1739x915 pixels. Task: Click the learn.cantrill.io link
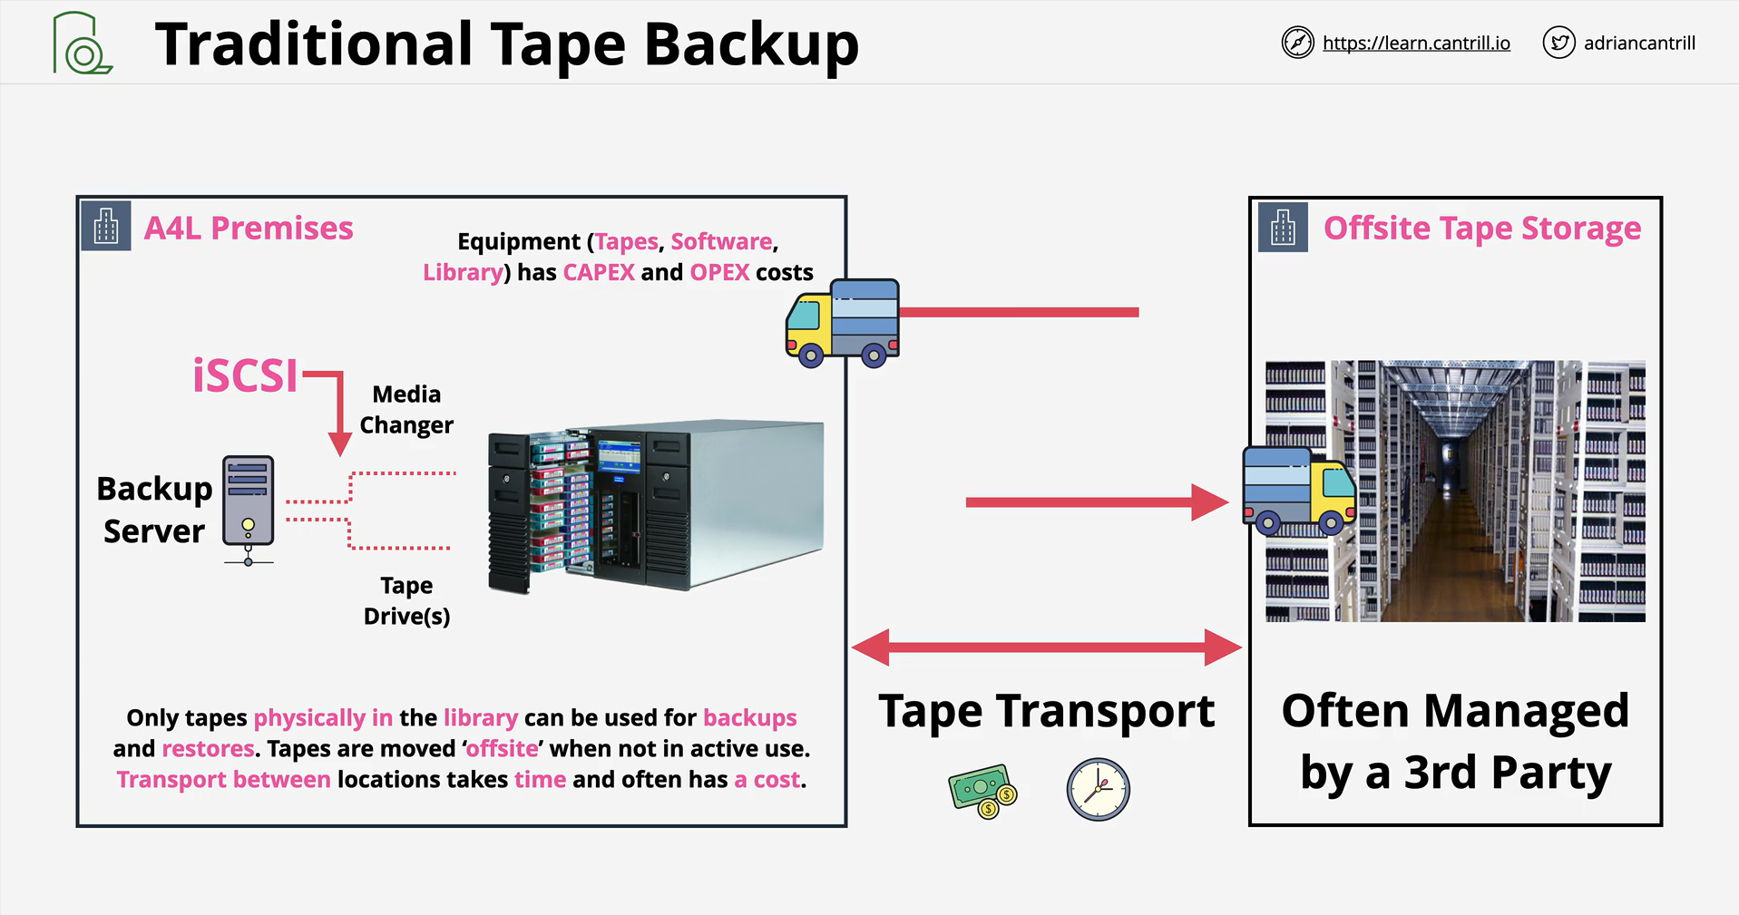click(x=1416, y=43)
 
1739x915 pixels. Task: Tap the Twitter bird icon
click(x=1558, y=43)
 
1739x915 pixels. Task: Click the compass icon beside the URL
click(x=1297, y=43)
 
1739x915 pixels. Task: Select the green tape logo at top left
click(x=82, y=43)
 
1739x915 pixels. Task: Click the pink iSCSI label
click(x=245, y=375)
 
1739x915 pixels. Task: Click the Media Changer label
click(x=406, y=410)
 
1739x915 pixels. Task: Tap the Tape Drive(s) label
click(x=406, y=601)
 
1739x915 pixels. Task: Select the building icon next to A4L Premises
click(x=106, y=226)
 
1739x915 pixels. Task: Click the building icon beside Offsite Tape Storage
click(x=1283, y=227)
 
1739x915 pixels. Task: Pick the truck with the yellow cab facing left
click(x=843, y=323)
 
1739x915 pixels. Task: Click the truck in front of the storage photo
click(x=1299, y=490)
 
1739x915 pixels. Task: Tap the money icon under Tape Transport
click(x=982, y=791)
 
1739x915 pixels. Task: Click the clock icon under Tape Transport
click(x=1098, y=790)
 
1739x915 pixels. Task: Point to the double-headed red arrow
click(x=1047, y=647)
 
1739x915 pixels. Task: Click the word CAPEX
click(x=599, y=273)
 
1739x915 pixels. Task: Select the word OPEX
click(x=719, y=273)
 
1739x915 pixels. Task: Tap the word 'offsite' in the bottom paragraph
click(x=502, y=749)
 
